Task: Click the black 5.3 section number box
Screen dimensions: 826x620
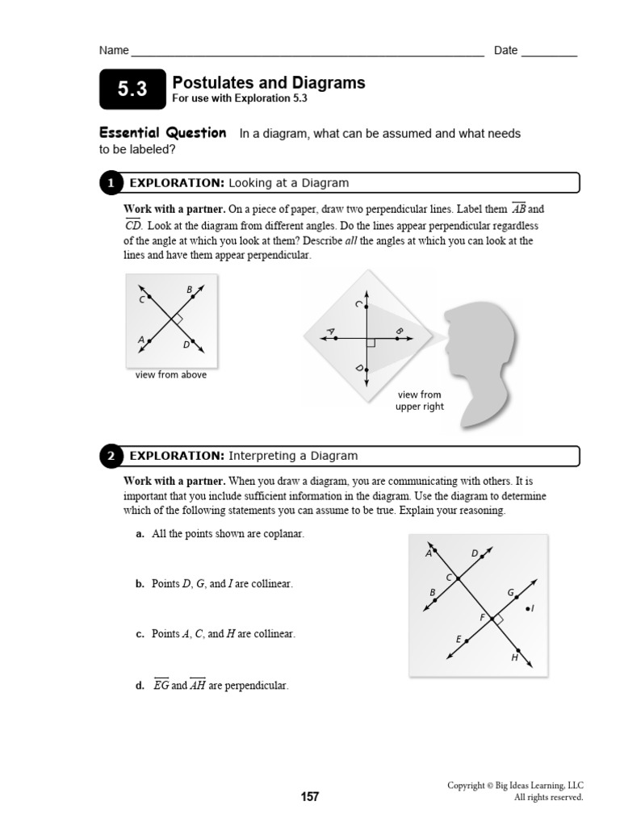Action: [132, 90]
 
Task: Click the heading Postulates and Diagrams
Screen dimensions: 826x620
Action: [268, 83]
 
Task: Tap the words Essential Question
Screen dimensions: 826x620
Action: [162, 133]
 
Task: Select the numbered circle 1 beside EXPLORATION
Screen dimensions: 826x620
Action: [111, 184]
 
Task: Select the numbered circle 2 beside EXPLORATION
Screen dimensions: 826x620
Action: [111, 457]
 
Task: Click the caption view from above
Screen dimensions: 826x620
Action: [171, 375]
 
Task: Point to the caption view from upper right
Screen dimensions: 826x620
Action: [419, 401]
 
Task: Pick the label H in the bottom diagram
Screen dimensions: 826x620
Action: [514, 657]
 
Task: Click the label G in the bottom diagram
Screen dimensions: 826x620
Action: [510, 593]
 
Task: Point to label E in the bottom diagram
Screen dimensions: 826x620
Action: [459, 640]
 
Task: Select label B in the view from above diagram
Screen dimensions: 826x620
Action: [190, 290]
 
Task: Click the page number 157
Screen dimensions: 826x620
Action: [310, 797]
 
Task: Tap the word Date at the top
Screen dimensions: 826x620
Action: [505, 50]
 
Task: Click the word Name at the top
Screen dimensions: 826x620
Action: [114, 50]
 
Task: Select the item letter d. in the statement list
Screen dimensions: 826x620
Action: [140, 686]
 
